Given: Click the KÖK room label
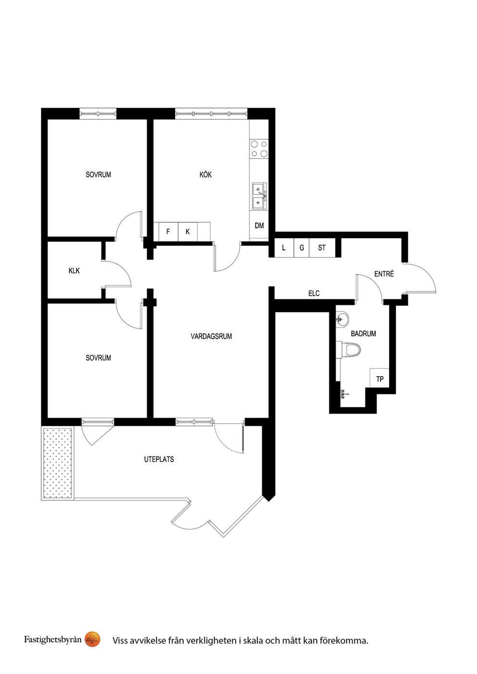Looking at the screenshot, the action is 205,174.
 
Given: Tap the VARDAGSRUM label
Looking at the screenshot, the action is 211,336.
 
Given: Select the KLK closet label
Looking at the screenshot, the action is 74,270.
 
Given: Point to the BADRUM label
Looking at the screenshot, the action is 363,333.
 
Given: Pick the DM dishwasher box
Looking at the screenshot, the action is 259,225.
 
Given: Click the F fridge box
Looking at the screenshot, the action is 168,232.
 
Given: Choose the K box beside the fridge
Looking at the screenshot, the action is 188,232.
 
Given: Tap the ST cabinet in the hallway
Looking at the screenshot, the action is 322,247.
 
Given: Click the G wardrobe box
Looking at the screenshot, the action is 301,247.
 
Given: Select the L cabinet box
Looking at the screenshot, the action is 284,247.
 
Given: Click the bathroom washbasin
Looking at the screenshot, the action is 342,318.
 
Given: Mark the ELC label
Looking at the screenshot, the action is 314,293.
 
